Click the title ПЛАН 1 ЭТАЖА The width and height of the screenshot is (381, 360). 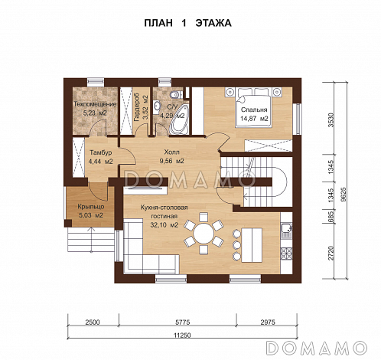click(x=187, y=23)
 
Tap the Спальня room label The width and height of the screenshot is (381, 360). click(x=254, y=110)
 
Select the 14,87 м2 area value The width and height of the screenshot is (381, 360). click(x=254, y=119)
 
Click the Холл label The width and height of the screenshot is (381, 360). click(x=171, y=152)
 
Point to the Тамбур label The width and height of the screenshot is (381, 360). click(x=100, y=152)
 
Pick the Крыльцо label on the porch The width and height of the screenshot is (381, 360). click(x=91, y=207)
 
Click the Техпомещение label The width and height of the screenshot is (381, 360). click(x=95, y=104)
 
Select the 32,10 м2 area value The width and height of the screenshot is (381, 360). click(x=164, y=225)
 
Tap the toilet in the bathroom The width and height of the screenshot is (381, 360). click(x=176, y=94)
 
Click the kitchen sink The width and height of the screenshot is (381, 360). click(x=286, y=229)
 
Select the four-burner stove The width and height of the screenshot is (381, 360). click(x=286, y=254)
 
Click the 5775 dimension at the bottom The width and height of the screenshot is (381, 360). click(x=182, y=322)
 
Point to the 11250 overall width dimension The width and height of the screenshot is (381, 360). click(x=182, y=335)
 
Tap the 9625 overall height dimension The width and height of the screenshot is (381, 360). click(x=344, y=195)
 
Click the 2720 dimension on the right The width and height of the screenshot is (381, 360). click(x=331, y=253)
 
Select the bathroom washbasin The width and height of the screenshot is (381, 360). click(x=157, y=106)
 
